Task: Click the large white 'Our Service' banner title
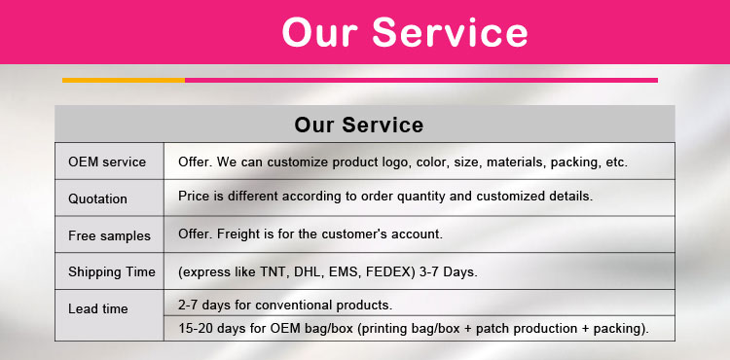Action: click(x=404, y=32)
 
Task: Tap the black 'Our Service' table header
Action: click(x=358, y=126)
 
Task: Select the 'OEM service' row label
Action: click(x=107, y=162)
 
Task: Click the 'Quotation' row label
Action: click(x=97, y=198)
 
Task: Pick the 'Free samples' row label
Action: click(x=109, y=235)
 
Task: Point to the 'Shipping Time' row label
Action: click(x=111, y=271)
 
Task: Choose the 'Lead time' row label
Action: click(x=97, y=308)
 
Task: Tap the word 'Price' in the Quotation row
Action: click(x=195, y=196)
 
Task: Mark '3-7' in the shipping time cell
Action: click(x=450, y=271)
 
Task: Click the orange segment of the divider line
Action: click(x=124, y=80)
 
